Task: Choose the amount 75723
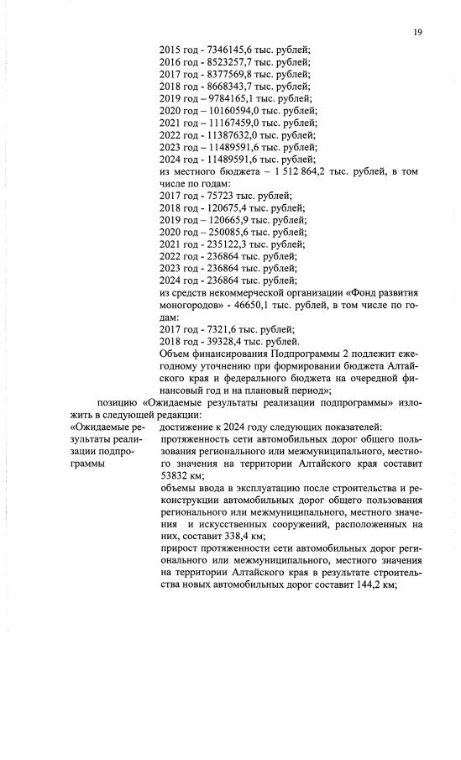pyautogui.click(x=216, y=196)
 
